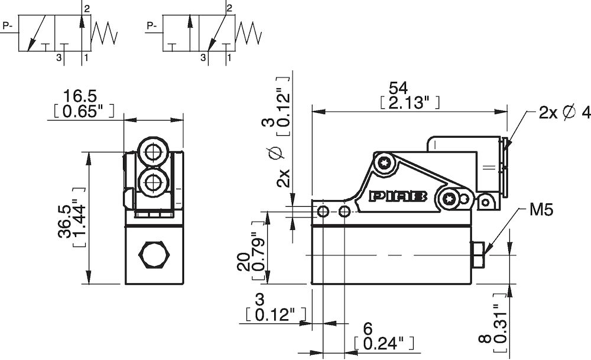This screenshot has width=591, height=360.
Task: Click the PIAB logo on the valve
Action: [398, 197]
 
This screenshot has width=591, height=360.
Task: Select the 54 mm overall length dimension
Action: [398, 87]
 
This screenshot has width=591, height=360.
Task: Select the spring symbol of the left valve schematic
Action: [106, 34]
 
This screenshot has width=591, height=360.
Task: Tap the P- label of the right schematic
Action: [152, 25]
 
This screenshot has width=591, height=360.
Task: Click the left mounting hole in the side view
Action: [323, 211]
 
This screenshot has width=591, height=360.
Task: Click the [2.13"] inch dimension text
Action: [408, 103]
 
